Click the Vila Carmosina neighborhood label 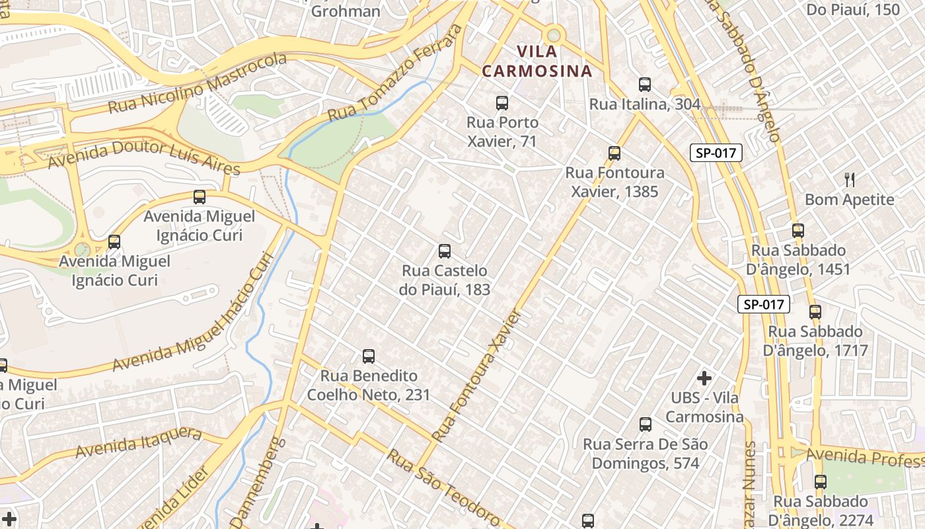coord(536,61)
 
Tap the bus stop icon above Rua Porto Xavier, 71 coord(502,103)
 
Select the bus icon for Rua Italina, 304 coord(645,85)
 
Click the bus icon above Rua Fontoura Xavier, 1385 coord(614,153)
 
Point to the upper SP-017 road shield coord(716,153)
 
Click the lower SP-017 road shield coord(764,304)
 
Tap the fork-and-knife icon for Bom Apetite coord(850,179)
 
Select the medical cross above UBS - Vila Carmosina coord(704,378)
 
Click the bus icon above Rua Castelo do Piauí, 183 coord(445,251)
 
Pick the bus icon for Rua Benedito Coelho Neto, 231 coord(369,356)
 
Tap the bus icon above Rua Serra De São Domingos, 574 coord(646,425)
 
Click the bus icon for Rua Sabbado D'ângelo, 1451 coord(798,231)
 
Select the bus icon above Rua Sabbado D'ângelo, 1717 coord(815,312)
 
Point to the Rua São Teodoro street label coord(443,485)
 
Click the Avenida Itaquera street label coord(138,442)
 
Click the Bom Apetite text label coord(849,200)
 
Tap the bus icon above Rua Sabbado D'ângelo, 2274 coord(821,482)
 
